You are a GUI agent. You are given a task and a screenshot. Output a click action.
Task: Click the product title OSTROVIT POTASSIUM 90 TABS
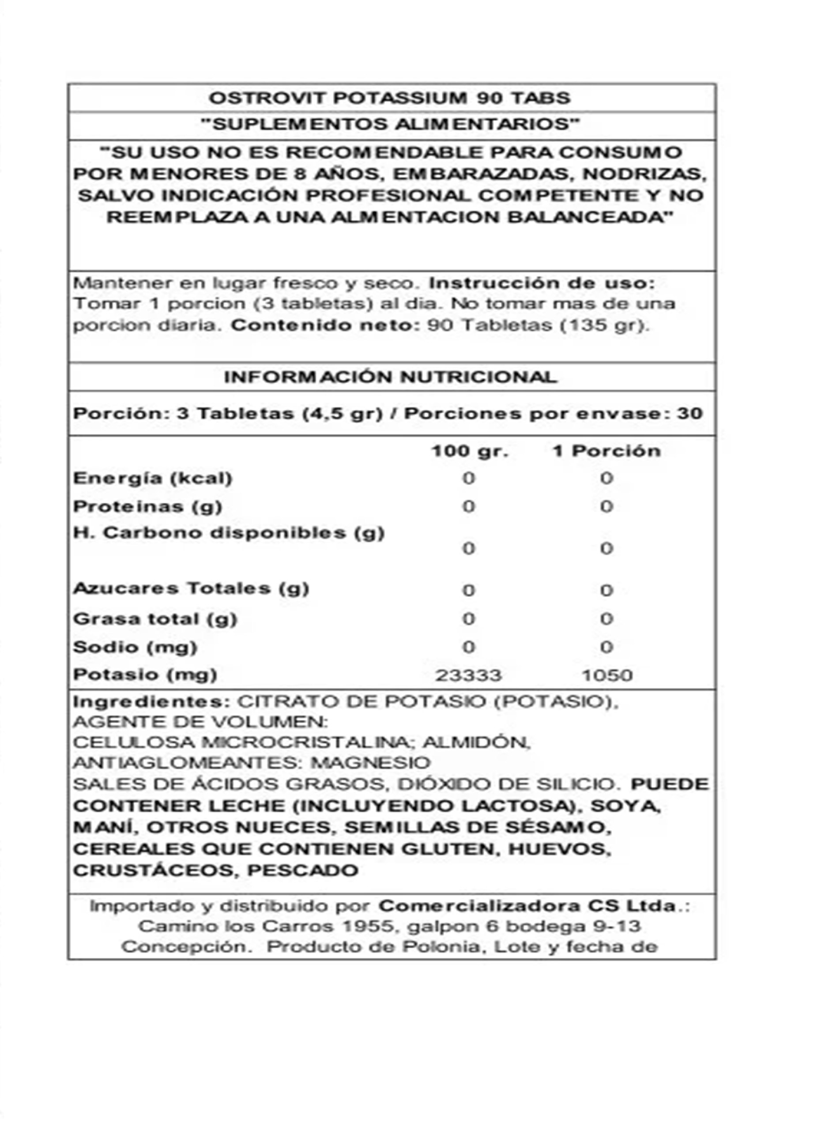click(390, 98)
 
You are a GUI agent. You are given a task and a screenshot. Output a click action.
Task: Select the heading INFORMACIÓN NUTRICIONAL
click(390, 377)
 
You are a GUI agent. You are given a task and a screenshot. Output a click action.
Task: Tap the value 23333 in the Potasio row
click(468, 675)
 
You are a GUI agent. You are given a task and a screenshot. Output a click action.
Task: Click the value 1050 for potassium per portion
click(607, 675)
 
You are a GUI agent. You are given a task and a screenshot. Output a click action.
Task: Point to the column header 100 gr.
click(470, 451)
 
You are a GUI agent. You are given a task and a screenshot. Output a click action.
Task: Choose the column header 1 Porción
click(607, 451)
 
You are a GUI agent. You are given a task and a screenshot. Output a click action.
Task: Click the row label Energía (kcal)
click(153, 478)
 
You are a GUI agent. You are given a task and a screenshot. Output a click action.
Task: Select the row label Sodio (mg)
click(135, 647)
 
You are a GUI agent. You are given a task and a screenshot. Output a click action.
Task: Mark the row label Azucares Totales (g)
click(191, 588)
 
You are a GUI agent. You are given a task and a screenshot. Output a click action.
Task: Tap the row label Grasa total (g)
click(155, 619)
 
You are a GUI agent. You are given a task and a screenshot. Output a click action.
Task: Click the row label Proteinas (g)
click(148, 507)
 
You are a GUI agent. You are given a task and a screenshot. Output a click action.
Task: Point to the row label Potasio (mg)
click(145, 674)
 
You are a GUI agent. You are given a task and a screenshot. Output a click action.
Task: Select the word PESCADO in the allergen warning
click(303, 870)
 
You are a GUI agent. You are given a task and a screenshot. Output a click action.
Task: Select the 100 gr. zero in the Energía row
click(469, 478)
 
